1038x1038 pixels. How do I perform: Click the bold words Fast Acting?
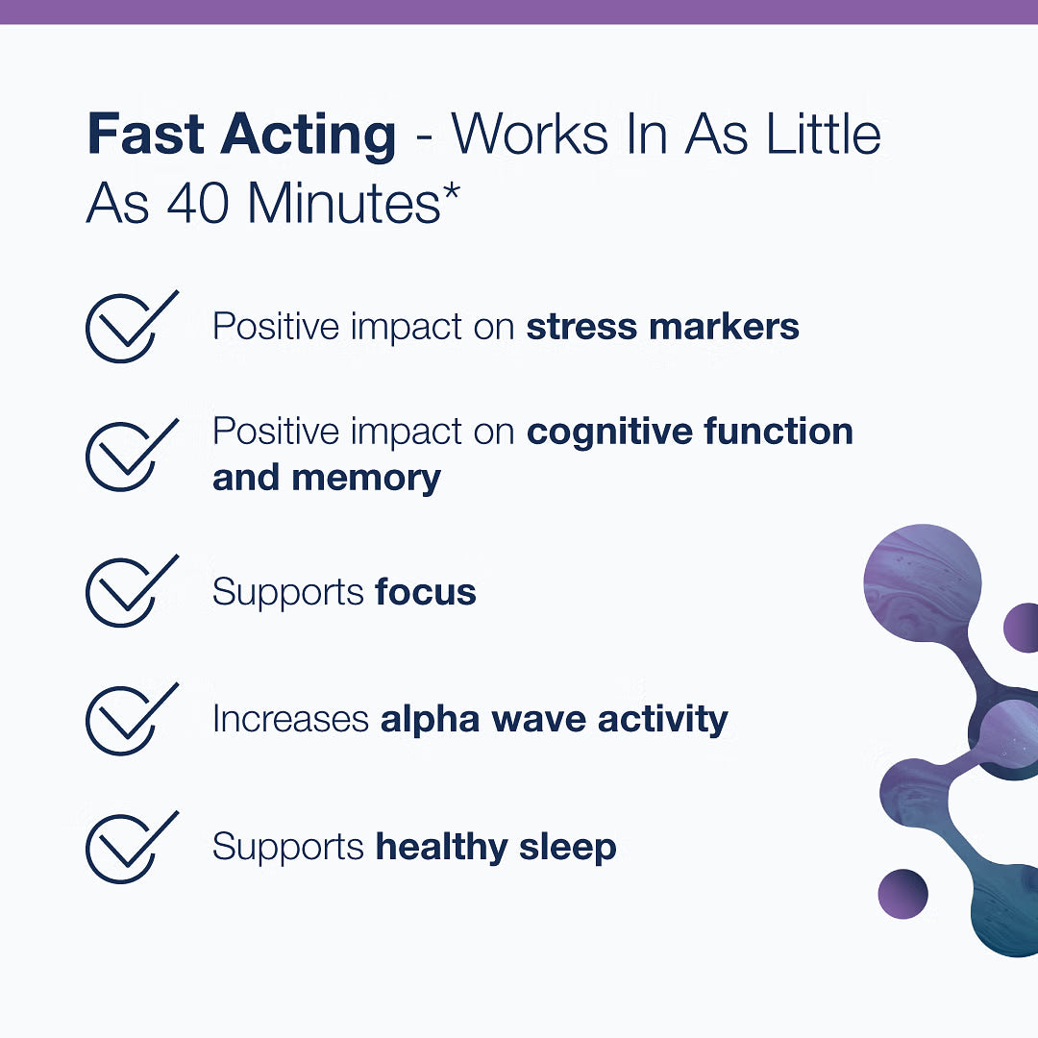pyautogui.click(x=241, y=136)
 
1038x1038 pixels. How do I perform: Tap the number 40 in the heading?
pyautogui.click(x=198, y=203)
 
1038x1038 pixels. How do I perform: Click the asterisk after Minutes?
pyautogui.click(x=452, y=193)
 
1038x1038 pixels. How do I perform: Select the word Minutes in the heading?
pyautogui.click(x=344, y=203)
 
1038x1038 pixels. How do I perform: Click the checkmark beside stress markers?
pyautogui.click(x=132, y=327)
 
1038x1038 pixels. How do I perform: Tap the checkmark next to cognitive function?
pyautogui.click(x=132, y=455)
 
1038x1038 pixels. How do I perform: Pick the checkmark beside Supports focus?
pyautogui.click(x=132, y=591)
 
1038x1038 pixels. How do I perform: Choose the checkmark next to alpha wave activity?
pyautogui.click(x=132, y=719)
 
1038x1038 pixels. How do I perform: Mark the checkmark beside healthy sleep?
pyautogui.click(x=132, y=848)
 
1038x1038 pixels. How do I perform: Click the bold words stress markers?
pyautogui.click(x=662, y=327)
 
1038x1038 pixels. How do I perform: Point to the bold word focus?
pyautogui.click(x=426, y=591)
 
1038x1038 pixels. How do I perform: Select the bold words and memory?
pyautogui.click(x=327, y=479)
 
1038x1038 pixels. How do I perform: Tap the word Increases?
pyautogui.click(x=290, y=719)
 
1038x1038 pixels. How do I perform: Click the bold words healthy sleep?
pyautogui.click(x=496, y=848)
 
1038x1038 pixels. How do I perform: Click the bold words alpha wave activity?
pyautogui.click(x=555, y=720)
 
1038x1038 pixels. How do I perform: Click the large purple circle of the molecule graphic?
pyautogui.click(x=922, y=582)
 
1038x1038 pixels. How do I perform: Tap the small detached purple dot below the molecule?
pyautogui.click(x=902, y=894)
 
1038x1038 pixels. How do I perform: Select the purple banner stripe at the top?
pyautogui.click(x=519, y=12)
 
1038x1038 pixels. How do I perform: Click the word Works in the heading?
pyautogui.click(x=529, y=135)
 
